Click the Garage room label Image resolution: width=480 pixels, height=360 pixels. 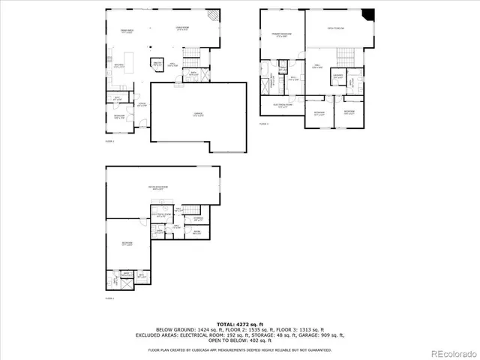point(198,114)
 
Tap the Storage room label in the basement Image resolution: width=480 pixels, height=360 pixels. point(198,219)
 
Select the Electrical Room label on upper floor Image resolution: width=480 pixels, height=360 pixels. point(281,105)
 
